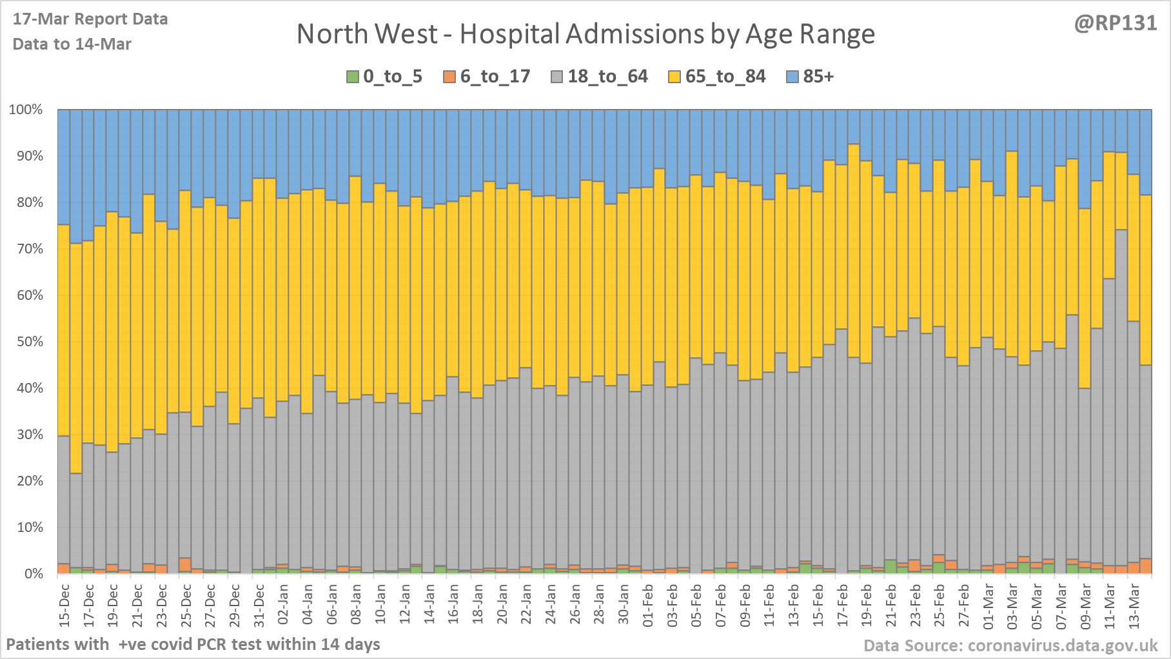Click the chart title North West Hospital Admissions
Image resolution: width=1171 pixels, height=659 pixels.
(x=585, y=34)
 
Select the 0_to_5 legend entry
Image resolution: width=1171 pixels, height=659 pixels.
(x=384, y=77)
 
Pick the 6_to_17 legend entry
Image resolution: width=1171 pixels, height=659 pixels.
(x=487, y=77)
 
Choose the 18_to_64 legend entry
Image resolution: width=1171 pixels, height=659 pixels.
(x=599, y=77)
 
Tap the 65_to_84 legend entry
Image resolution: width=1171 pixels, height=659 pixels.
(x=716, y=77)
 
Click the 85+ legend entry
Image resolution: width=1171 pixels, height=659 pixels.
(x=811, y=77)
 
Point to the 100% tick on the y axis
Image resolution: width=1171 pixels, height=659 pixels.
(x=26, y=110)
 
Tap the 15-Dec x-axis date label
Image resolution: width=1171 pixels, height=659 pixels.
(x=64, y=604)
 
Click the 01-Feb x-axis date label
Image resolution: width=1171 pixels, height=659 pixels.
(x=648, y=604)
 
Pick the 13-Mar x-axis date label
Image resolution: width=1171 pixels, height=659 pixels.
(x=1134, y=604)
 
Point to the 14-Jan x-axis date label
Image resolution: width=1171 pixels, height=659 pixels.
(x=429, y=604)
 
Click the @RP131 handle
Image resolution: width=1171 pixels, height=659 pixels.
(x=1115, y=23)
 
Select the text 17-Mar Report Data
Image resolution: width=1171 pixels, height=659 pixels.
(x=90, y=19)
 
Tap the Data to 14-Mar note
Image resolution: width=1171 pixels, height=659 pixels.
(x=72, y=44)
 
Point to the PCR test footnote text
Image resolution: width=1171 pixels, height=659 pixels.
(x=193, y=644)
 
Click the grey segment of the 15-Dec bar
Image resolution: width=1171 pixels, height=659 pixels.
(x=64, y=503)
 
